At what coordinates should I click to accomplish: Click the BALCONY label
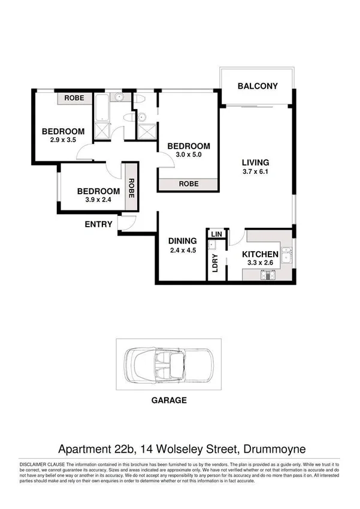(x=258, y=86)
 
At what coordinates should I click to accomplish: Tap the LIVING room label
(x=255, y=162)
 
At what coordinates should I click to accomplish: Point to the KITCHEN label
(x=260, y=254)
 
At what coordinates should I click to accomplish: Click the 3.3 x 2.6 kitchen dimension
(x=260, y=264)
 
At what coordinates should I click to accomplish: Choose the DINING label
(x=182, y=242)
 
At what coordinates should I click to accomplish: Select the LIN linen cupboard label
(x=216, y=234)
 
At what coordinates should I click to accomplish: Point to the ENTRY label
(x=99, y=224)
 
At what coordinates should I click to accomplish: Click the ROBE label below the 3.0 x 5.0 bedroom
(x=187, y=185)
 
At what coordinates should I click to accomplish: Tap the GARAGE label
(x=169, y=400)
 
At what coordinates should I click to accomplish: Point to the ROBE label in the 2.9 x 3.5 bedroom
(x=74, y=98)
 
